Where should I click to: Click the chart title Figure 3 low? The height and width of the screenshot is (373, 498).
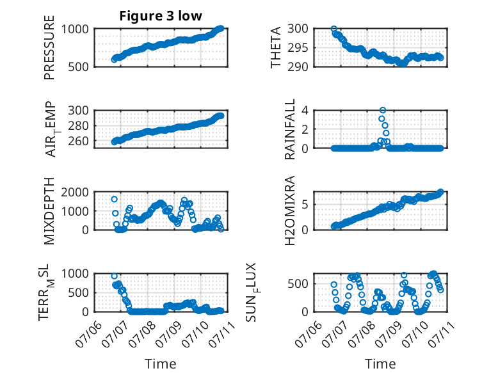coord(161,16)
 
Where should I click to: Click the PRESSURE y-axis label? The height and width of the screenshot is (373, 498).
coord(49,47)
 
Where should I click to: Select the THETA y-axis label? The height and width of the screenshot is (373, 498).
coord(276,47)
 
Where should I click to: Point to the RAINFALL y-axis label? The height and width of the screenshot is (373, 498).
coord(290,129)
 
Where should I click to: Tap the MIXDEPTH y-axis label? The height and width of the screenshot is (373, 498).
coord(49,210)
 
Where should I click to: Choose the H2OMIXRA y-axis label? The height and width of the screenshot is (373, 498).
coord(290,210)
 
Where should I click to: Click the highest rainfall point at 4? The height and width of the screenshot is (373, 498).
coord(383,110)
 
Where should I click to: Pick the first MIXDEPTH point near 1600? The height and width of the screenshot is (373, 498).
coord(115,199)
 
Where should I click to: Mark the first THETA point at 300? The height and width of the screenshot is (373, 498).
coord(333,29)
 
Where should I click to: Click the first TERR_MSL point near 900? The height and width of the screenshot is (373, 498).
coord(115,276)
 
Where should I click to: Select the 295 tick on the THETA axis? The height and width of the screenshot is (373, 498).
coord(298,48)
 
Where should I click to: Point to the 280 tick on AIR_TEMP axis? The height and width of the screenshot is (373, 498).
coord(78,125)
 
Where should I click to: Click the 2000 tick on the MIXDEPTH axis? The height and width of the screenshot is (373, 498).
coord(75,192)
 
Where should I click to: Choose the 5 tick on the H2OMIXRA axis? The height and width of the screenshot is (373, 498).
coord(305,205)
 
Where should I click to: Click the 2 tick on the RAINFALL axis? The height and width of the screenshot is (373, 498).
coord(305,129)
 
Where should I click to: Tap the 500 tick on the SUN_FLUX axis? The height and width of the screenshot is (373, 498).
coord(298,284)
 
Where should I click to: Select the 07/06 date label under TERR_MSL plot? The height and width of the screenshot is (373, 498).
coord(89,334)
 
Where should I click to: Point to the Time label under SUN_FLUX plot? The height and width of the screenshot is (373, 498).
coord(380,364)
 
